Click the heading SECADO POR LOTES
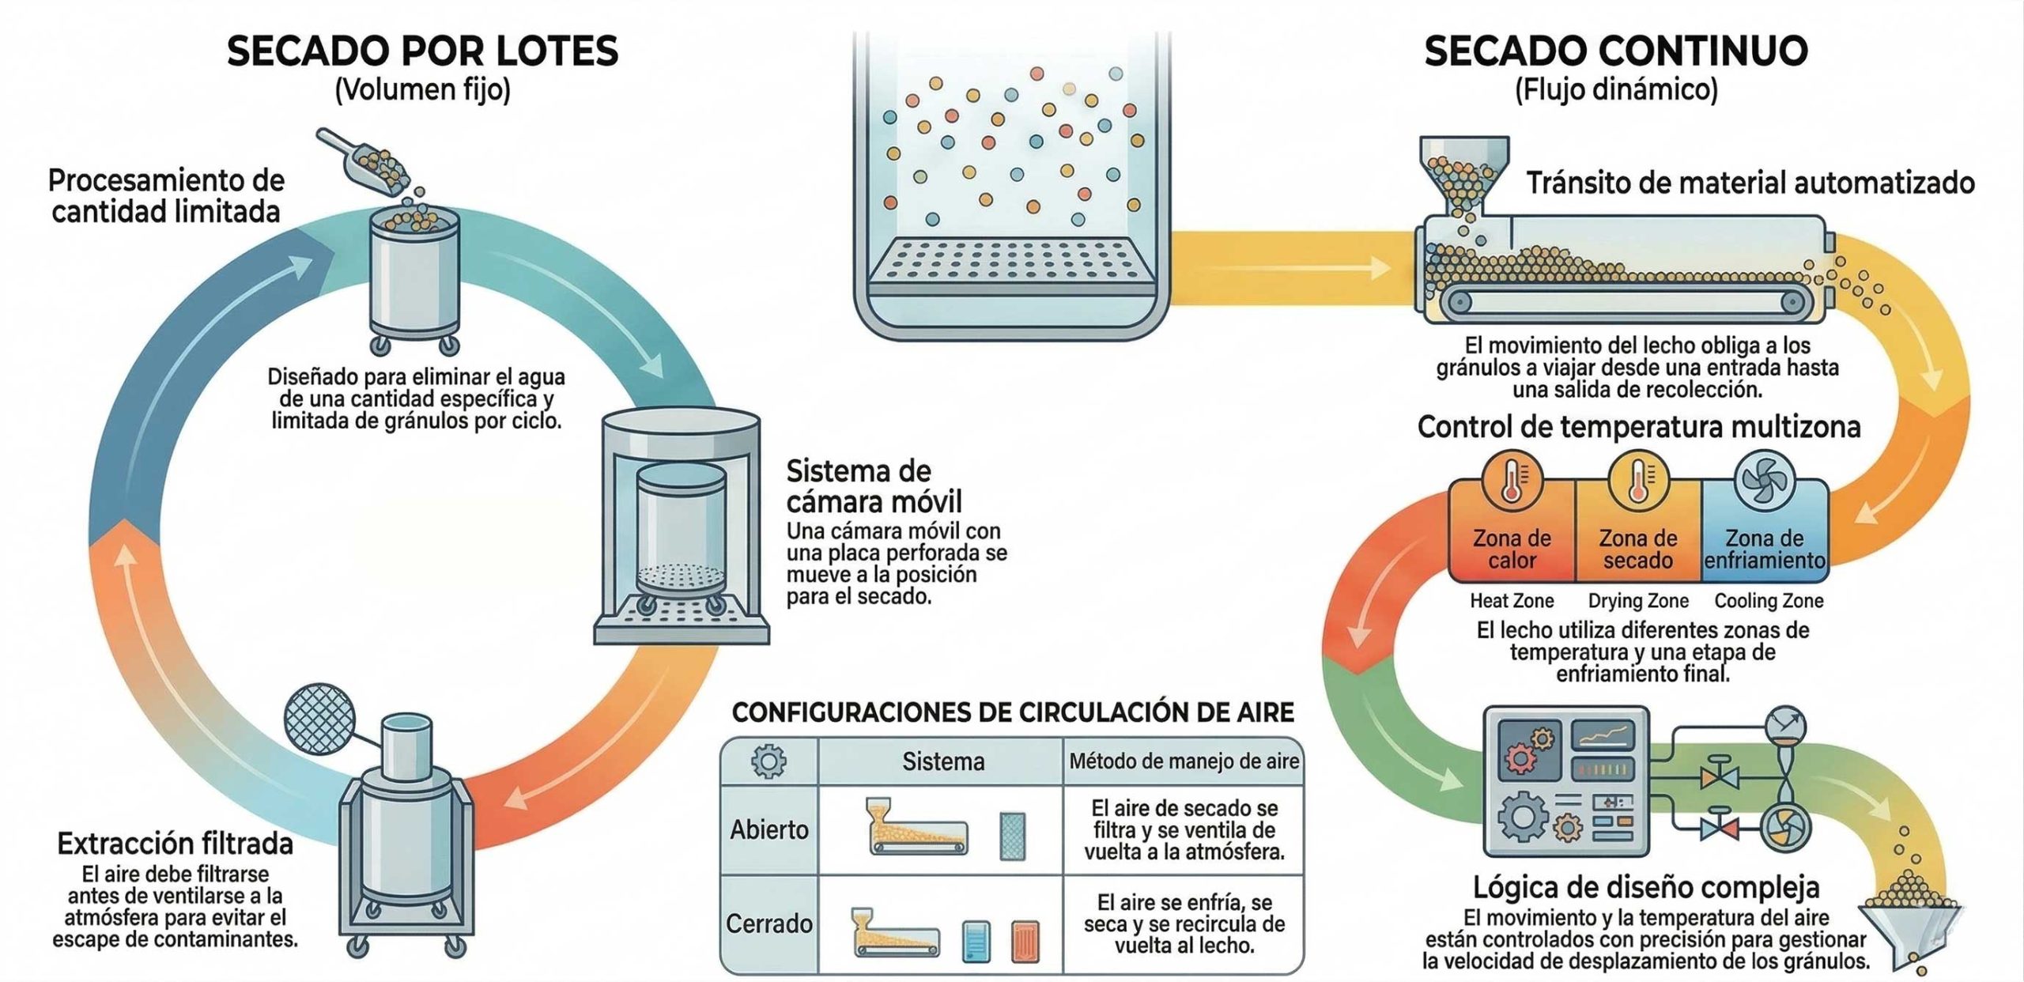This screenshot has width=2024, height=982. [422, 51]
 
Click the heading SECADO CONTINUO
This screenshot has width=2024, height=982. [1616, 51]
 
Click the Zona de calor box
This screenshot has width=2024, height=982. [1512, 531]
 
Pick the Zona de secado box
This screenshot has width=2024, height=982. [1638, 531]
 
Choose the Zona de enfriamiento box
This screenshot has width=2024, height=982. [1765, 531]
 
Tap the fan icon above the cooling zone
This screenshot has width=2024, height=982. [1765, 479]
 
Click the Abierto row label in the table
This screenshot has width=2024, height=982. [769, 829]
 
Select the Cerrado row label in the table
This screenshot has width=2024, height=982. [769, 923]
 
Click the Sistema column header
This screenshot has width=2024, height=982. [943, 761]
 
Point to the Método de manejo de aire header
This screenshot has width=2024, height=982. [1184, 761]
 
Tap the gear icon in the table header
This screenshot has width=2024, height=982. [768, 761]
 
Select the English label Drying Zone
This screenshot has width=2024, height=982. [1638, 601]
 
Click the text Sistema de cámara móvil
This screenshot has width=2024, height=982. [873, 485]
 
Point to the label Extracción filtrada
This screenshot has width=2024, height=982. [175, 844]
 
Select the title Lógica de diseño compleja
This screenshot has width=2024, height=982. [1645, 887]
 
